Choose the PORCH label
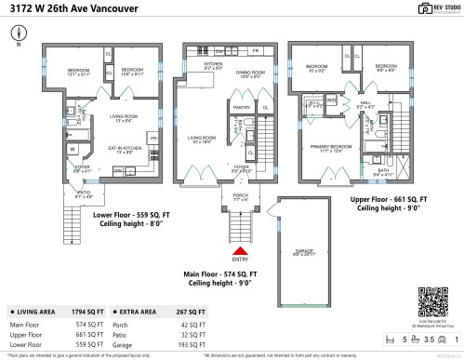click(240, 196)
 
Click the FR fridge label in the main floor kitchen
click(255, 48)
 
